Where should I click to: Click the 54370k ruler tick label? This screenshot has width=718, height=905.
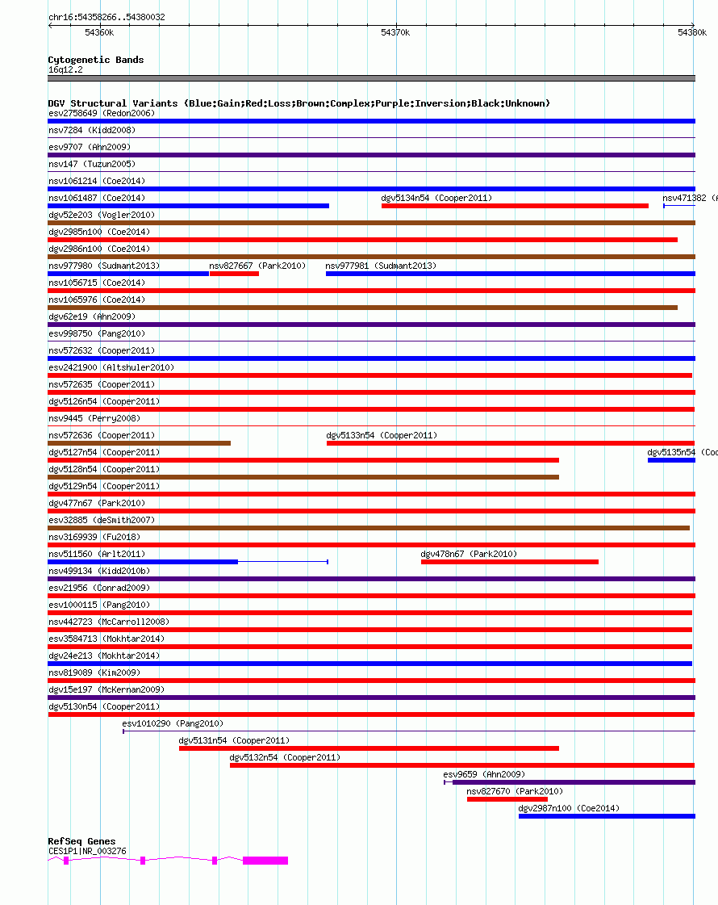(x=395, y=32)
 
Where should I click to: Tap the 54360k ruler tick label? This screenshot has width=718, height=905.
(x=99, y=32)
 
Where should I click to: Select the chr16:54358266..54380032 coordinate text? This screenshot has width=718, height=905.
(x=107, y=17)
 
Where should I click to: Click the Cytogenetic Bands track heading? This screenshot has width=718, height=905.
(x=96, y=60)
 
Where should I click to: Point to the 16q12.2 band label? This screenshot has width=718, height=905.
(x=65, y=69)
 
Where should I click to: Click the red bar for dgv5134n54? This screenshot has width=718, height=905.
(x=515, y=206)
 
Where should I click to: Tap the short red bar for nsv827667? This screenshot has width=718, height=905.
(x=234, y=274)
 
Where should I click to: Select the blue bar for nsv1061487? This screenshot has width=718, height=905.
(x=188, y=206)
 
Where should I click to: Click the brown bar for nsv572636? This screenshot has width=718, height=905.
(x=139, y=443)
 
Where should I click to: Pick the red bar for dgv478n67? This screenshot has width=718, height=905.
(x=509, y=562)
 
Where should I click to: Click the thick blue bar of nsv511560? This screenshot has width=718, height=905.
(x=143, y=562)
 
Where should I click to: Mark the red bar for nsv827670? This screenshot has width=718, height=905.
(x=507, y=799)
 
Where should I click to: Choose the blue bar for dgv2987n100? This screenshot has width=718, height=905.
(x=606, y=816)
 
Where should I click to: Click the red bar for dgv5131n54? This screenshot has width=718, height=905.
(x=369, y=748)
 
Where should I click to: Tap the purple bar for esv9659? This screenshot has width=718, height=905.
(x=574, y=782)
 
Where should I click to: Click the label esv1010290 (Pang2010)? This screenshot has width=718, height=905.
(x=173, y=723)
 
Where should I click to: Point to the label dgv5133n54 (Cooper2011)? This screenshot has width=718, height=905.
(x=382, y=435)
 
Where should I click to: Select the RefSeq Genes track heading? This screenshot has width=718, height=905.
(x=81, y=841)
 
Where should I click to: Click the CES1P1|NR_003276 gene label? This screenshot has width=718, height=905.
(x=87, y=851)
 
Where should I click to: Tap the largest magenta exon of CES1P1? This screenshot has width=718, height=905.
(x=265, y=861)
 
